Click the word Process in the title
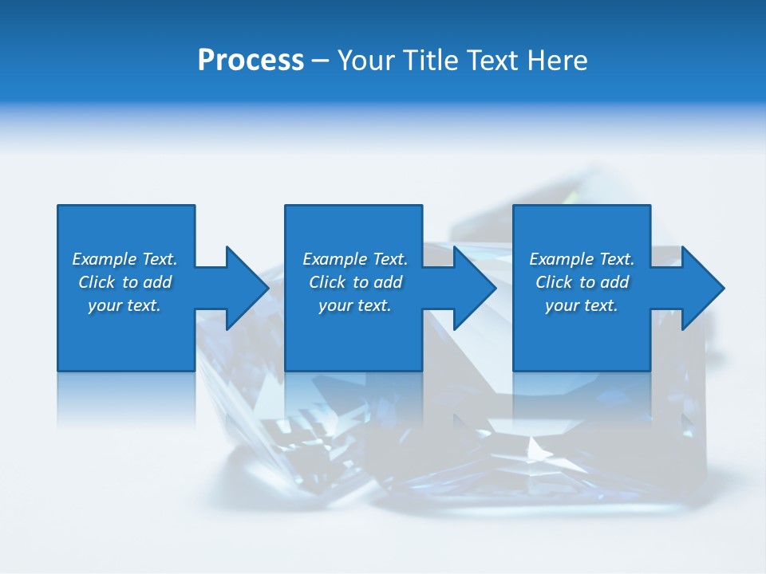coord(251,61)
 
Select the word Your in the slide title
coord(367,61)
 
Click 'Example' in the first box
coord(105,259)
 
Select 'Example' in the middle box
coord(335,259)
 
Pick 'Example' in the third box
coord(562,259)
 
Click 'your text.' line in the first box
coord(124,306)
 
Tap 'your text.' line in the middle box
coord(354,306)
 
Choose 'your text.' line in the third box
coord(582,306)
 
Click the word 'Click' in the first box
coord(97,282)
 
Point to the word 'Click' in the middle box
coord(327,282)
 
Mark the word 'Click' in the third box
coord(554,282)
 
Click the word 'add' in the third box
coord(614,282)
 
